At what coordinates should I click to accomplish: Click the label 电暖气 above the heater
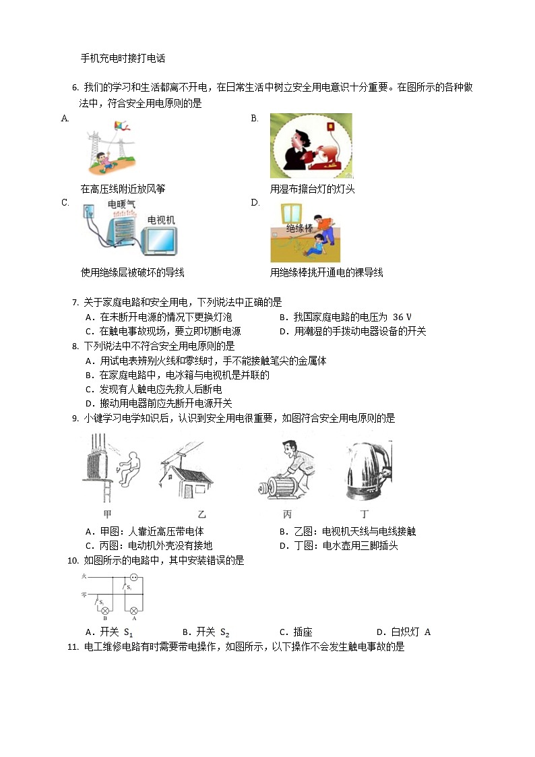pyautogui.click(x=121, y=203)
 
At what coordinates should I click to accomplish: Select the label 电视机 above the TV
pyautogui.click(x=161, y=220)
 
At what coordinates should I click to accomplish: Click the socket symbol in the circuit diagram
pyautogui.click(x=133, y=578)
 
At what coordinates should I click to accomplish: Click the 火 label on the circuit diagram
pyautogui.click(x=84, y=577)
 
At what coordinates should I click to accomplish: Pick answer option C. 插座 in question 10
pyautogui.click(x=295, y=632)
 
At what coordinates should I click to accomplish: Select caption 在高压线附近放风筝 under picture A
pyautogui.click(x=123, y=189)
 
